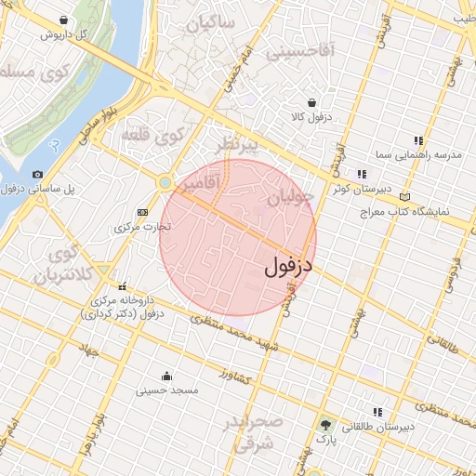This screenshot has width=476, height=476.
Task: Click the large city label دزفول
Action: [290, 266]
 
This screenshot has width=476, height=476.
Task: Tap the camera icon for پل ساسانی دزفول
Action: [37, 174]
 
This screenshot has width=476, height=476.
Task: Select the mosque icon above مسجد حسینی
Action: [166, 377]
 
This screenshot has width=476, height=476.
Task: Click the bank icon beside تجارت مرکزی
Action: [141, 212]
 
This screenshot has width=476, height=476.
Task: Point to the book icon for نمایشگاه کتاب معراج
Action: [403, 197]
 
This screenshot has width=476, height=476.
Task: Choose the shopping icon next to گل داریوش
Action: [63, 20]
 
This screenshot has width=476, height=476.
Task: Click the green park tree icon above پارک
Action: [324, 423]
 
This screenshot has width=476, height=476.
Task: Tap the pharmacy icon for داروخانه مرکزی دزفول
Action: [122, 286]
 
